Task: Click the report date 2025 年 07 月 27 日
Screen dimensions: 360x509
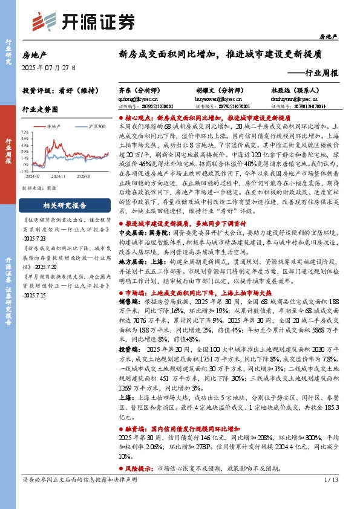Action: pos(47,66)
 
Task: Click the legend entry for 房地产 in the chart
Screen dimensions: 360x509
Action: pos(54,127)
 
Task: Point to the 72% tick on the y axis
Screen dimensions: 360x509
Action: pos(25,131)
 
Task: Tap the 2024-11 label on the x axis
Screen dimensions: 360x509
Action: pos(59,177)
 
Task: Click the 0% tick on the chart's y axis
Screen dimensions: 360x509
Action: pos(26,164)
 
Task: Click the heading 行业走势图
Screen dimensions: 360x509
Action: pos(40,110)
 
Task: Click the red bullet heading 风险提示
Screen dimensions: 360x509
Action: pos(143,468)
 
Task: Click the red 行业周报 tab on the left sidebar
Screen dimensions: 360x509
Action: pos(8,151)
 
